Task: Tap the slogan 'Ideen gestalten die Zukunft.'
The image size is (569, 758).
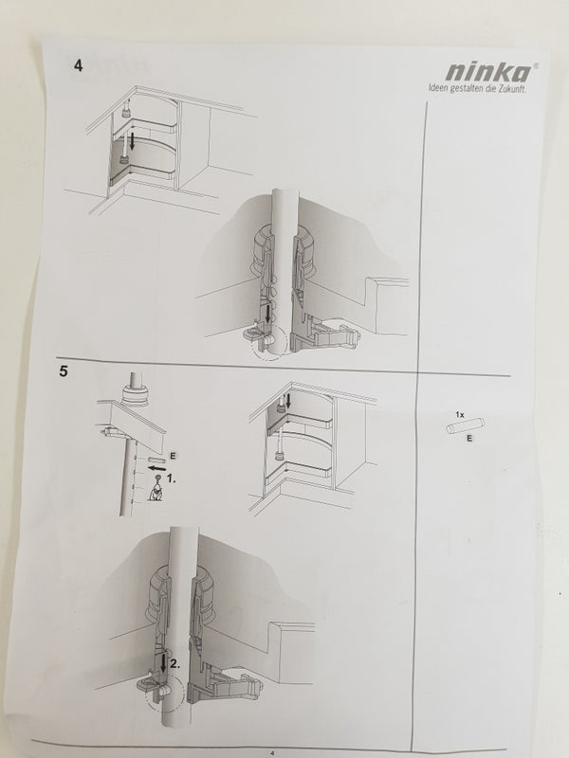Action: pyautogui.click(x=478, y=88)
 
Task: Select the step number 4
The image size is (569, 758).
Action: pyautogui.click(x=79, y=65)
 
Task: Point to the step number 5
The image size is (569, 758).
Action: pyautogui.click(x=64, y=371)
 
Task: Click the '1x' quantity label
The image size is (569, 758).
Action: pyautogui.click(x=460, y=414)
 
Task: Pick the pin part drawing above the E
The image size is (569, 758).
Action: pyautogui.click(x=465, y=426)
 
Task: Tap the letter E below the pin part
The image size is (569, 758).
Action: pyautogui.click(x=469, y=439)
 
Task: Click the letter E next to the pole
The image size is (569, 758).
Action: pyautogui.click(x=173, y=456)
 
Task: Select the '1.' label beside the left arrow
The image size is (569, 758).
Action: pyautogui.click(x=172, y=478)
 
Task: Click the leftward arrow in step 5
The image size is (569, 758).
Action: pyautogui.click(x=156, y=468)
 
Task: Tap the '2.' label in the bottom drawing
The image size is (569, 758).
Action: pyautogui.click(x=175, y=664)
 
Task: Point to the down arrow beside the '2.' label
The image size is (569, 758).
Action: pyautogui.click(x=163, y=662)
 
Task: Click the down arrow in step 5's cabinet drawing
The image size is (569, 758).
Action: pyautogui.click(x=289, y=400)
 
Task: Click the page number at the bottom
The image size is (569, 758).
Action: pyautogui.click(x=272, y=752)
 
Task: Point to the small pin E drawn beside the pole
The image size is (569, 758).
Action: pyautogui.click(x=156, y=460)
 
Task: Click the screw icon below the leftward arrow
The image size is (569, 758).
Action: pyautogui.click(x=156, y=488)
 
